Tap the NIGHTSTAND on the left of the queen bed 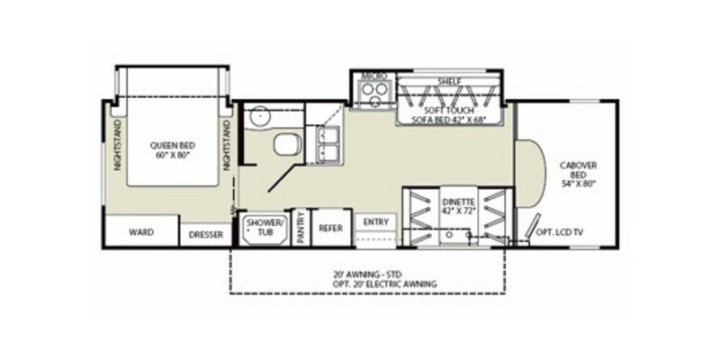pos(115,145)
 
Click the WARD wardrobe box pos(139,232)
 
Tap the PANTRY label pos(301,228)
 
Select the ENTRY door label pos(374,222)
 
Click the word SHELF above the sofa pos(449,81)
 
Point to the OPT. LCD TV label pos(561,233)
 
